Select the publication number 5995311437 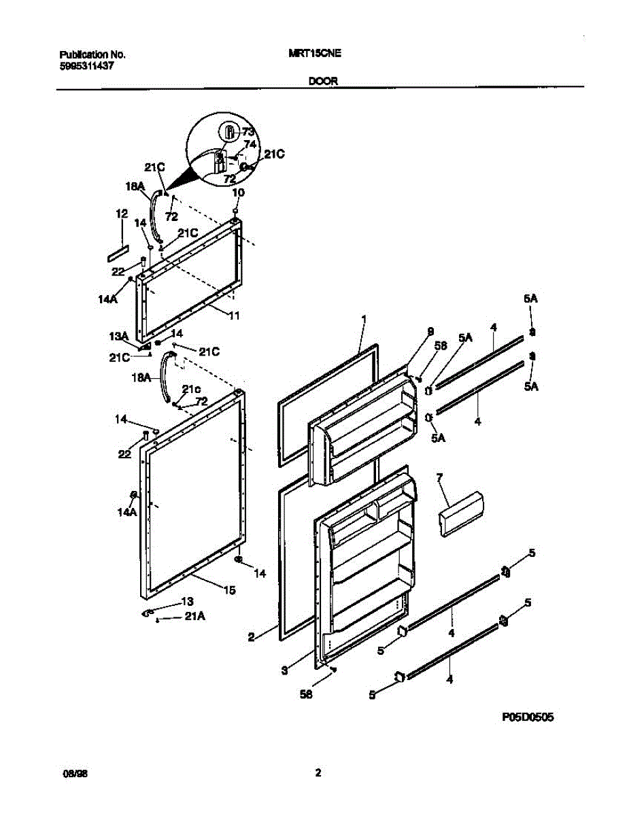pos(86,66)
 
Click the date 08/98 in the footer pos(72,773)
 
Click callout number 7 pos(440,480)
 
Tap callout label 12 pos(122,214)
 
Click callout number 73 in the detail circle pos(248,133)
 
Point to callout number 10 pos(238,193)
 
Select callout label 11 pos(233,316)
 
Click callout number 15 pos(230,590)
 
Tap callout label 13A pos(120,335)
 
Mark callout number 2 pos(251,637)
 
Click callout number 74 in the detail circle pos(250,144)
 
